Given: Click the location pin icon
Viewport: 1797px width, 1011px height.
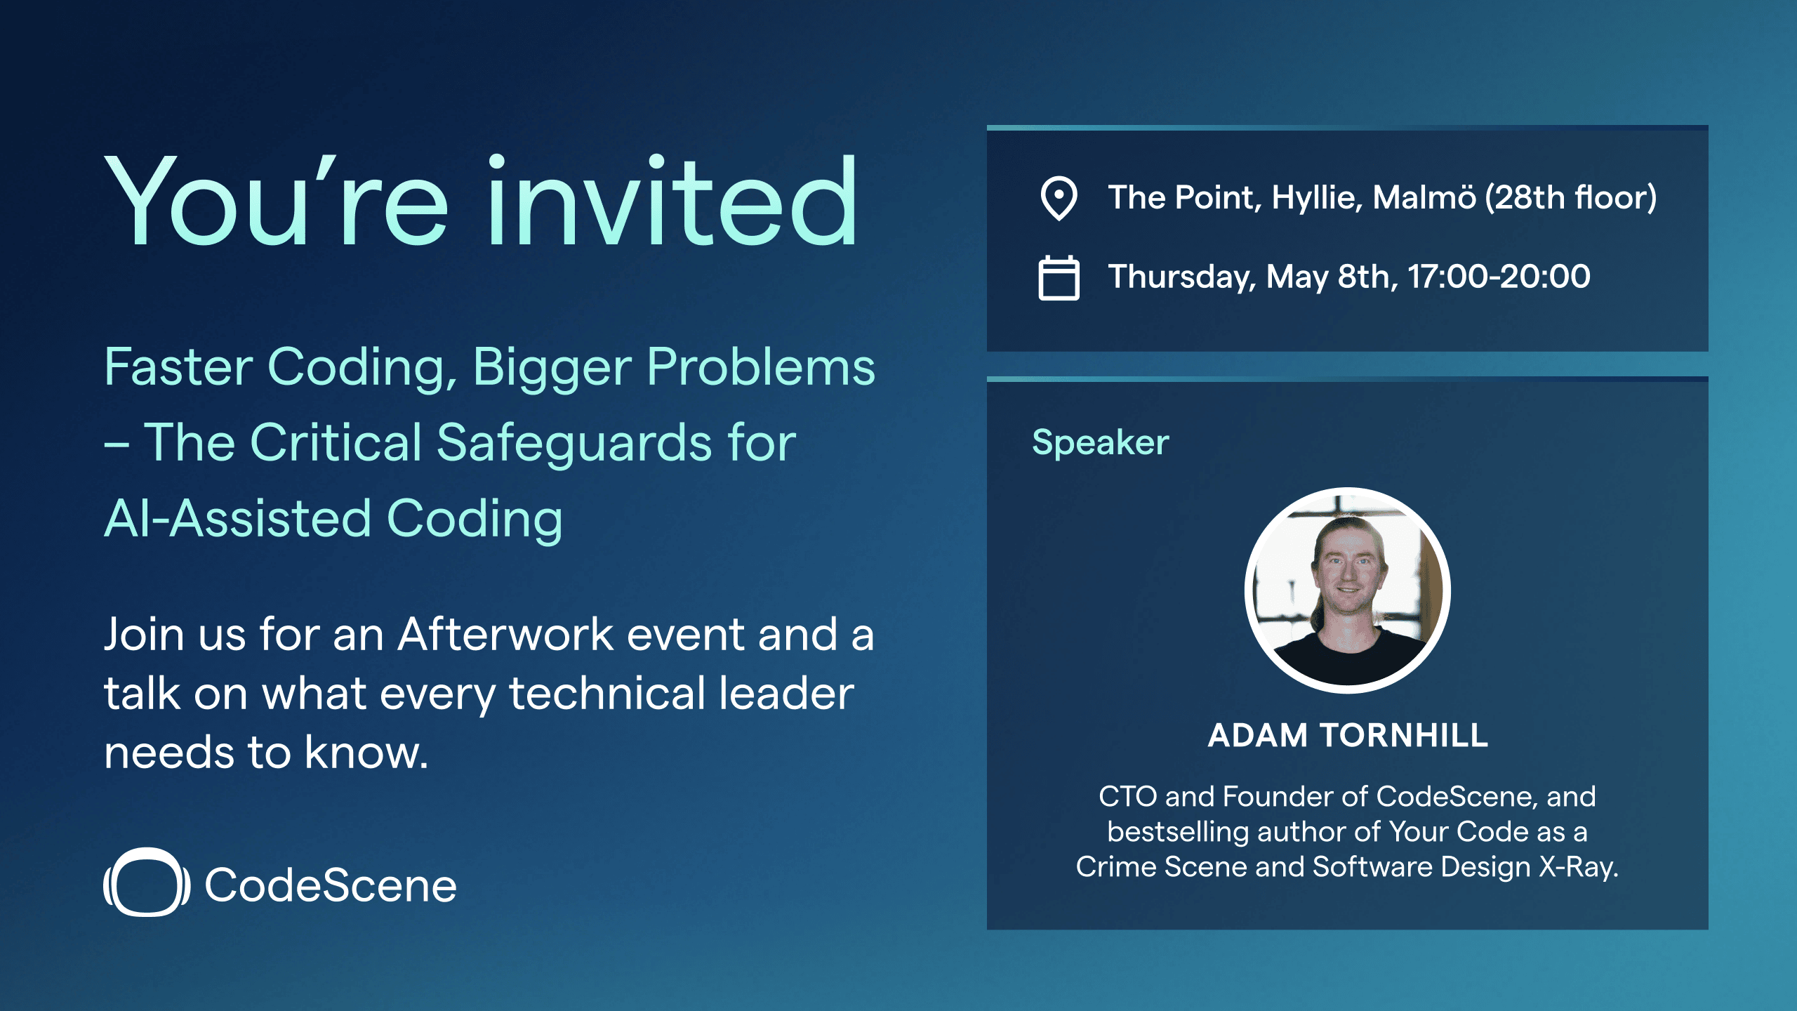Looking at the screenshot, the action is point(1059,198).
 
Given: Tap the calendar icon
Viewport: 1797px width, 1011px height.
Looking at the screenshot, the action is point(1059,278).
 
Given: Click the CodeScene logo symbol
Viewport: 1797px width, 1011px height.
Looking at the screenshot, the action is point(147,883).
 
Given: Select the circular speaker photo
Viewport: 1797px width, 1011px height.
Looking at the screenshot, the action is point(1347,590).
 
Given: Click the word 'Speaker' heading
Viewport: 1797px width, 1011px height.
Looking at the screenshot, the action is point(1100,442).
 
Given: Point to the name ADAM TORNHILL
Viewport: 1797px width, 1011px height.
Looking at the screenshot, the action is point(1348,735).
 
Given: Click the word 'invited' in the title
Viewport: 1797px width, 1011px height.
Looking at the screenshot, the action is point(672,201).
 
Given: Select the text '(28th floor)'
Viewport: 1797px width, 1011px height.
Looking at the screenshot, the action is point(1571,198).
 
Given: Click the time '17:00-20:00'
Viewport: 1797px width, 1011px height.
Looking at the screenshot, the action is point(1499,276).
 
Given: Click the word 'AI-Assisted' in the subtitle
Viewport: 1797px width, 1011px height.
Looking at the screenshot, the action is point(237,519).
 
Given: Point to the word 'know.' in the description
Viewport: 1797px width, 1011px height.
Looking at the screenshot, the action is point(366,752).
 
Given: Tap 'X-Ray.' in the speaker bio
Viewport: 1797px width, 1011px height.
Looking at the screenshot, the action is point(1579,868).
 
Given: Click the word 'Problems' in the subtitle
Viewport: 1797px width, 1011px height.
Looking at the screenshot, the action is point(761,367).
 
